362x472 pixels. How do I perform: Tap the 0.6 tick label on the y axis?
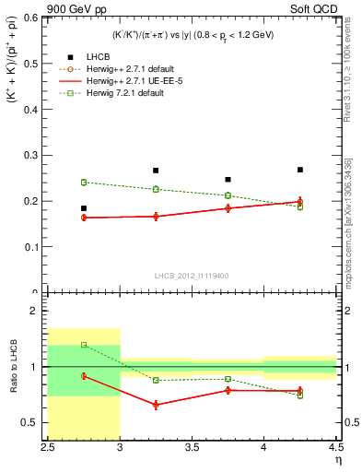pos(32,18)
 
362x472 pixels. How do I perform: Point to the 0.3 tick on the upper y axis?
pos(32,155)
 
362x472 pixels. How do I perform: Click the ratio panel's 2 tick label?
pos(37,312)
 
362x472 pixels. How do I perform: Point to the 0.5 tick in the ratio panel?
pos(32,422)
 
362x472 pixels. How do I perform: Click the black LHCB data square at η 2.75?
pos(83,208)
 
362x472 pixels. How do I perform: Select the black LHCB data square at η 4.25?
pos(299,170)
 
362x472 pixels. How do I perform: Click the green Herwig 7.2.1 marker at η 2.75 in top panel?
pos(83,183)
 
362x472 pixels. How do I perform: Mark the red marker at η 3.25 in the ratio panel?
pos(156,405)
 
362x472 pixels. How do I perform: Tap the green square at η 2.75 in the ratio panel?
pos(83,345)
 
